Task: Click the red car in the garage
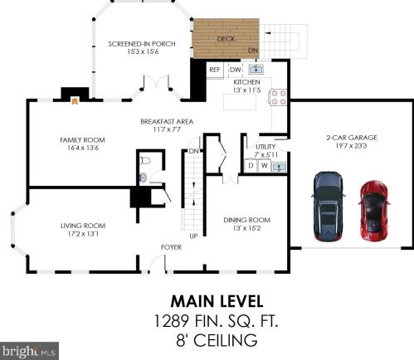point(374,211)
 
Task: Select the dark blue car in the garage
point(329,207)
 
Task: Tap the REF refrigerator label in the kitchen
point(215,70)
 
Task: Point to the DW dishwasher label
point(236,70)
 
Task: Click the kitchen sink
point(256,70)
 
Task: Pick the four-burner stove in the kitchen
point(278,97)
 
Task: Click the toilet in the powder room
point(145,160)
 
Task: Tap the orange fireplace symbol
point(75,100)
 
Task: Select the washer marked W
point(265,165)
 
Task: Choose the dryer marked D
point(251,165)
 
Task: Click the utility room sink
point(279,167)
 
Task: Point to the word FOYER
point(171,247)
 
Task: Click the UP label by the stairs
point(193,236)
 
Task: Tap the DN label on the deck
point(253,51)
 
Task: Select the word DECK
point(226,39)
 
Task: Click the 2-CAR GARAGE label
point(352,138)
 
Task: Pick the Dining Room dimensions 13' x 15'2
point(246,228)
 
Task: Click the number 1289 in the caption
point(171,321)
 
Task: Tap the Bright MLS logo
point(29,351)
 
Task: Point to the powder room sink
point(143,178)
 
